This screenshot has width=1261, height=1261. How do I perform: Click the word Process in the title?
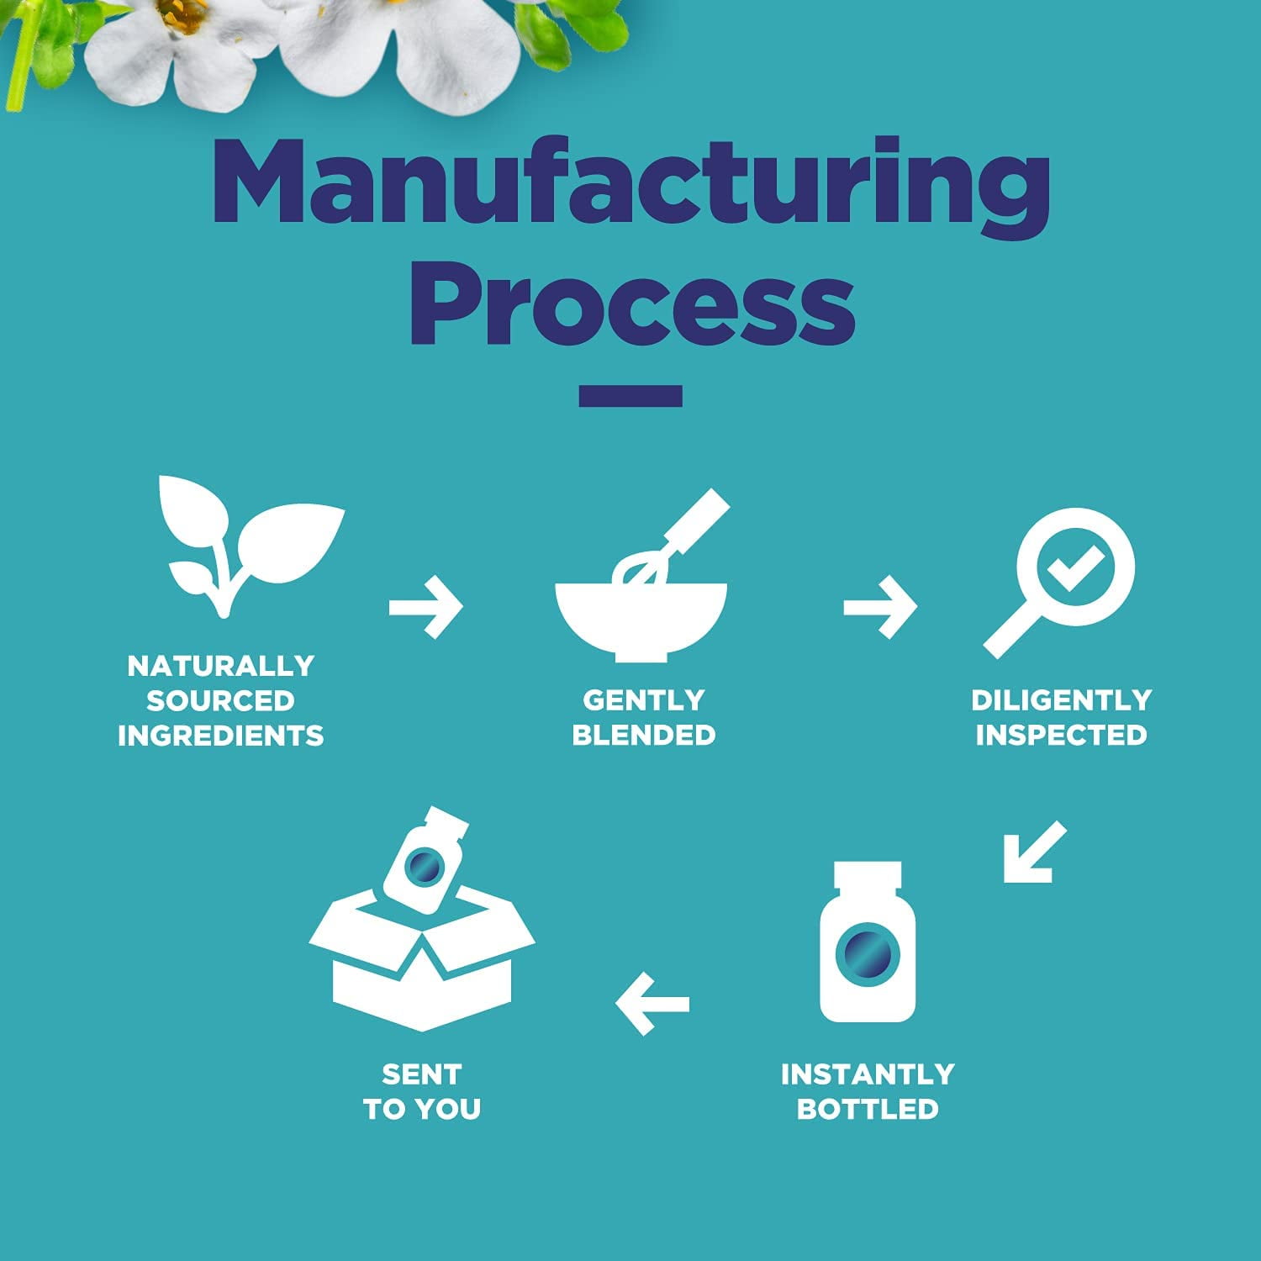[x=632, y=303]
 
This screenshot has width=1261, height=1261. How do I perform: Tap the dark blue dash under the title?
[x=630, y=396]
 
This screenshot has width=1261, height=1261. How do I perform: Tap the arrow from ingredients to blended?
[x=426, y=606]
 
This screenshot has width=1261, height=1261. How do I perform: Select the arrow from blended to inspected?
[x=880, y=606]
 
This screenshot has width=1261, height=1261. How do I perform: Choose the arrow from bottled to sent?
[x=652, y=1003]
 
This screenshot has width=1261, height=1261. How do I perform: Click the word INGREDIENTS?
[x=220, y=736]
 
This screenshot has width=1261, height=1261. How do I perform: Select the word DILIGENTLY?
[x=1061, y=699]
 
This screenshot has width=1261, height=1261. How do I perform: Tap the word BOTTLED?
[x=867, y=1109]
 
